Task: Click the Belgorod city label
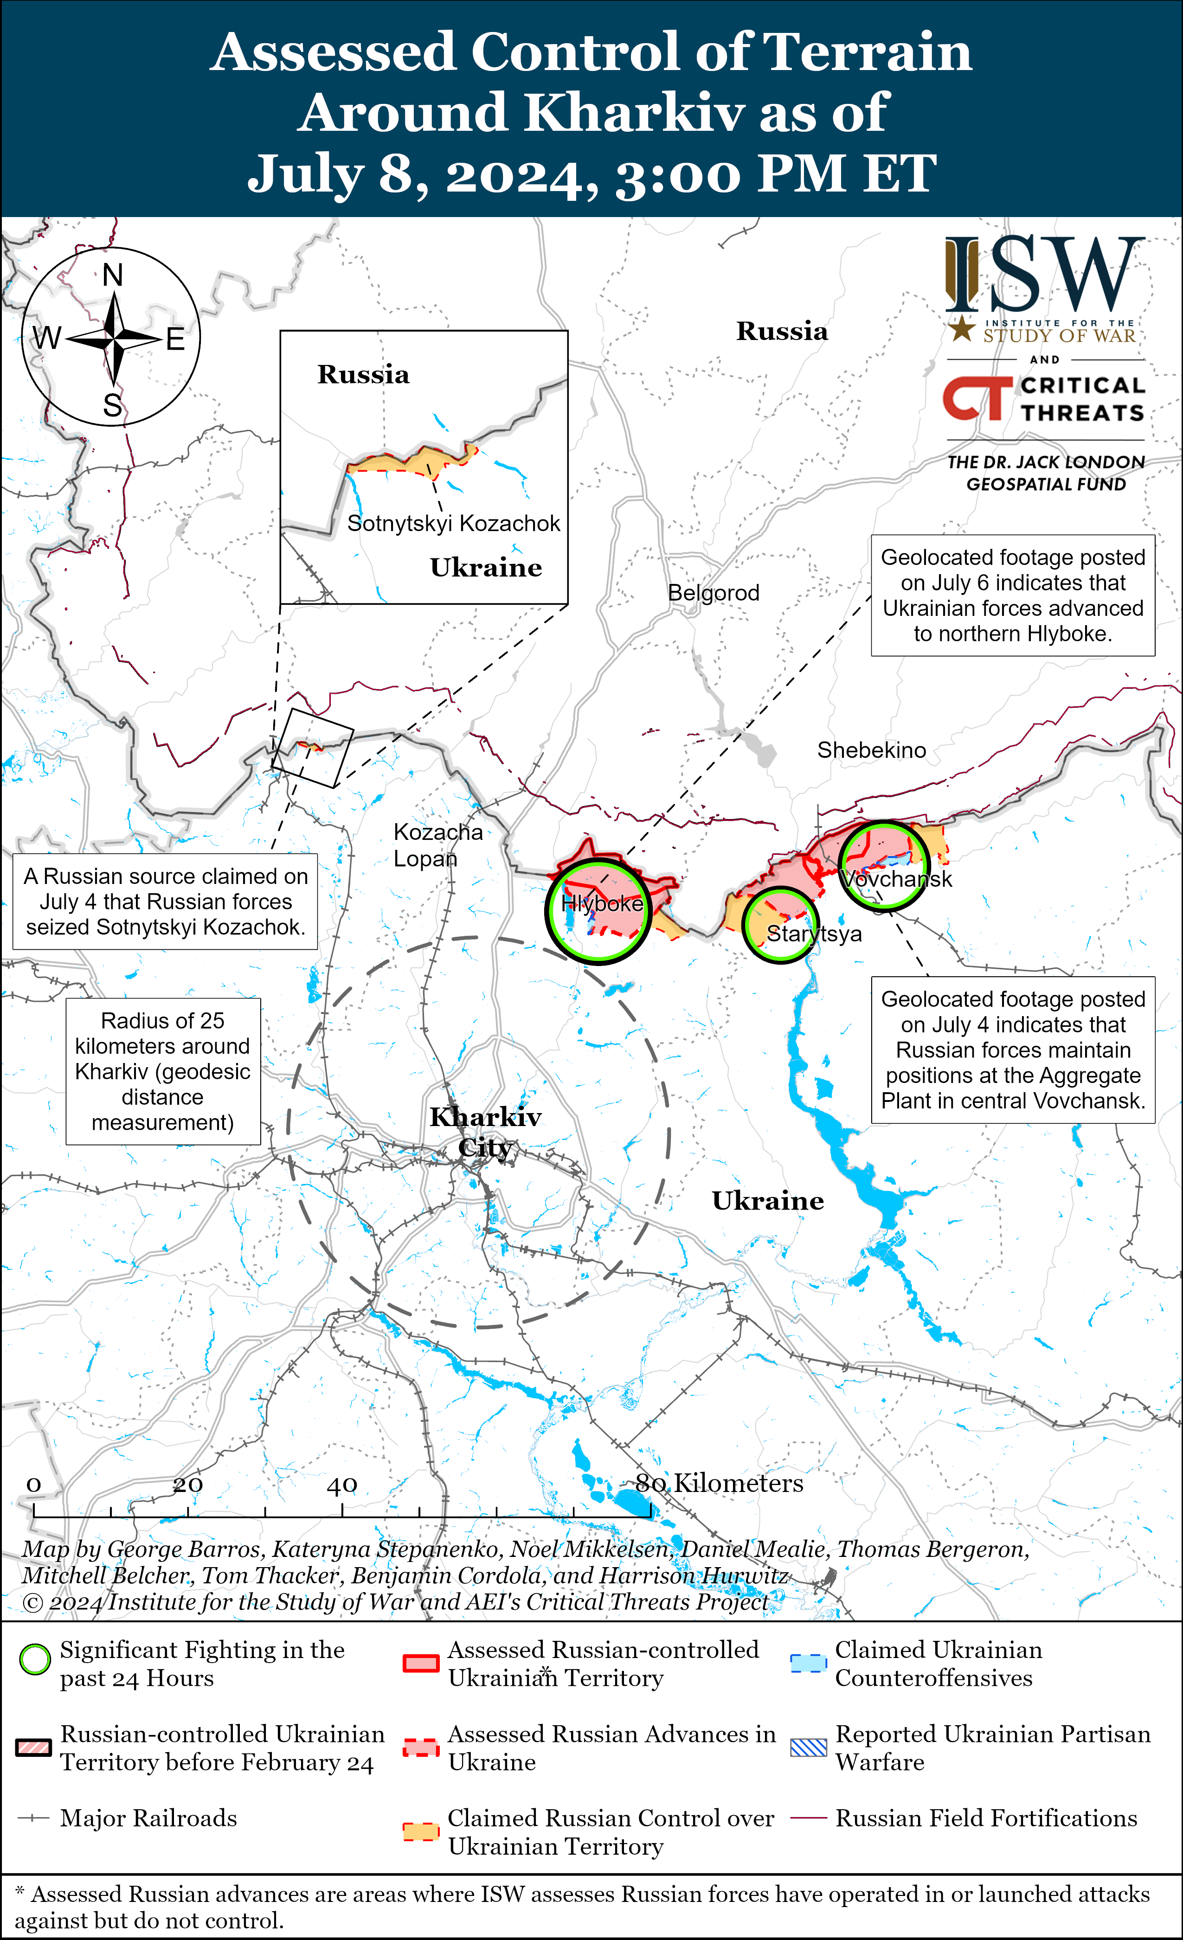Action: [714, 593]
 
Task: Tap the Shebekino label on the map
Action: [871, 750]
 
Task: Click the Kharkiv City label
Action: [485, 1132]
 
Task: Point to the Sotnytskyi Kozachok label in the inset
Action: [454, 524]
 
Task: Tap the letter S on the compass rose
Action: [113, 405]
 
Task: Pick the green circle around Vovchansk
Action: [883, 865]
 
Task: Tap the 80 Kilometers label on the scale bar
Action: [719, 1483]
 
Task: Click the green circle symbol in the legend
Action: [35, 1660]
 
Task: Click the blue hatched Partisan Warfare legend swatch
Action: [808, 1747]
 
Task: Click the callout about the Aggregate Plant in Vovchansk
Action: [1012, 1050]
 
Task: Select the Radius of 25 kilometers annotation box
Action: [163, 1071]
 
